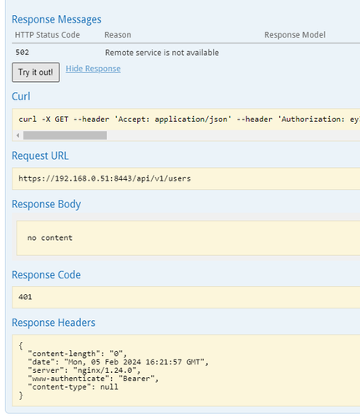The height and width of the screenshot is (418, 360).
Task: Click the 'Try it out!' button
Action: coord(36,72)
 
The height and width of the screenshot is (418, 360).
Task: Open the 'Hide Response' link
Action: coord(93,69)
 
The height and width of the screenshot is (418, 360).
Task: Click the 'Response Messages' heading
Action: coord(57,19)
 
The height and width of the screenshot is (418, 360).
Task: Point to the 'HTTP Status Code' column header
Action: coord(48,35)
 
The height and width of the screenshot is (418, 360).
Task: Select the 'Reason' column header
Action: coord(118,35)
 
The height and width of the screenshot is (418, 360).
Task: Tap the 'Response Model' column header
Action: coord(295,35)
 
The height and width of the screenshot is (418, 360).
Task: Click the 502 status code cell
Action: coord(23,53)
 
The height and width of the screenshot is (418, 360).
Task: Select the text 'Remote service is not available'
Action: coord(162,53)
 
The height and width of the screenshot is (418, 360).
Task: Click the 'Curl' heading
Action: coord(21,96)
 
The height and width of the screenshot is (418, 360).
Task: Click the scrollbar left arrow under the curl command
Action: coord(18,135)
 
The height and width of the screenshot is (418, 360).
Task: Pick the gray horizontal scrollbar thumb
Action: coord(65,135)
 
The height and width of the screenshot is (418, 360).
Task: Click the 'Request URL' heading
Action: coord(40,155)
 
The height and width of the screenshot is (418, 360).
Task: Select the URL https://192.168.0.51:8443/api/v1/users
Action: coord(104,178)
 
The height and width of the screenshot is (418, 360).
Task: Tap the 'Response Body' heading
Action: coord(46,204)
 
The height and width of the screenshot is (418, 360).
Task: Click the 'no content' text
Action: coord(50,237)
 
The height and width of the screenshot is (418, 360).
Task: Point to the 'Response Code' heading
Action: coord(46,275)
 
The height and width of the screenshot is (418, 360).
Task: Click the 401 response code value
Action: coord(25,297)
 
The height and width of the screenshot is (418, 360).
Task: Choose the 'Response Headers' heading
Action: coord(53,323)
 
